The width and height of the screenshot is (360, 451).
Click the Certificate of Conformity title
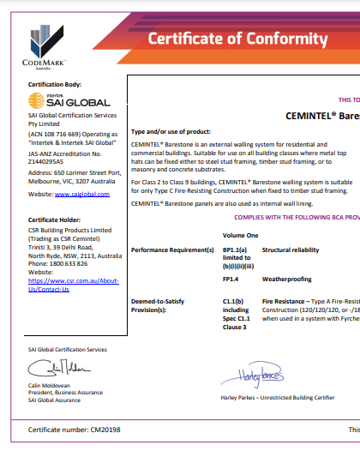[237, 39]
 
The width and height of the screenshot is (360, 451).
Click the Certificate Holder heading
[54, 220]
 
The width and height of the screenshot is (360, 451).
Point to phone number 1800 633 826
[79, 264]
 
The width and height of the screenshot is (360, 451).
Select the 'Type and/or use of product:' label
[170, 131]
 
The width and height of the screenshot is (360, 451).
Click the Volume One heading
[240, 211]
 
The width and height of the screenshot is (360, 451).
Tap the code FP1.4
[231, 255]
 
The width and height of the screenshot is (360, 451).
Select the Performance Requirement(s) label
[171, 225]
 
